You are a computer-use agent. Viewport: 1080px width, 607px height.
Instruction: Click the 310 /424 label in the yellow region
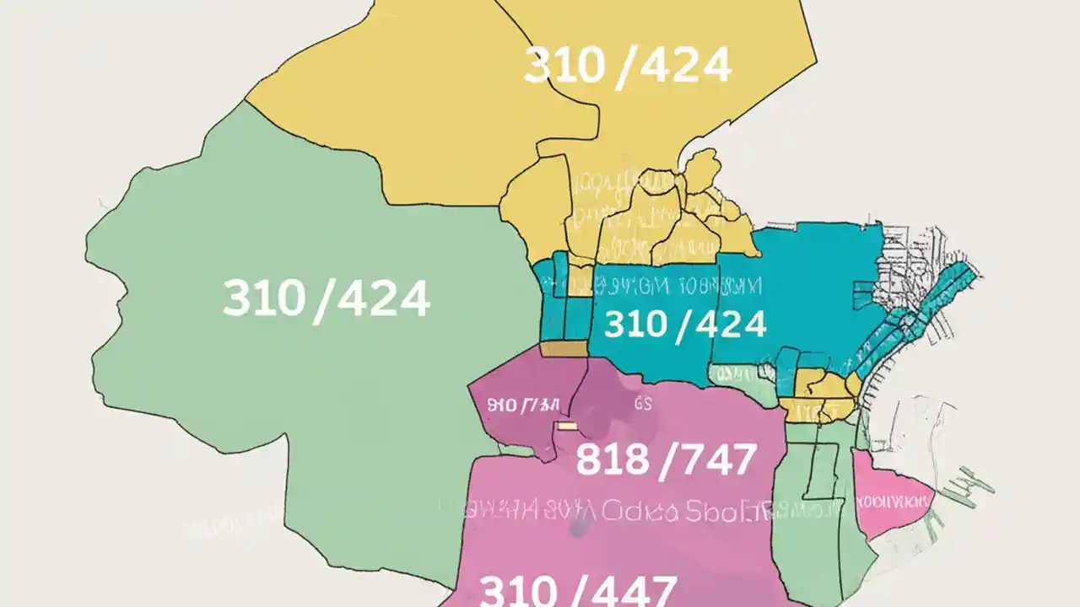pos(627,66)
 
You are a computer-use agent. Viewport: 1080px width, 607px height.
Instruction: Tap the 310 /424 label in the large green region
pos(327,298)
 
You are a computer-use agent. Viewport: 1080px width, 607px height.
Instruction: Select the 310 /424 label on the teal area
pos(685,325)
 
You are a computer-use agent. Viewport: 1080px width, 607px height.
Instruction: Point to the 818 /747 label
pos(666,460)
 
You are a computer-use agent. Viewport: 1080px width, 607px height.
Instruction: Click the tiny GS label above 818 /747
pos(643,404)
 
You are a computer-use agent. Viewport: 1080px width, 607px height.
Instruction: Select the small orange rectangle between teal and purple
pos(563,348)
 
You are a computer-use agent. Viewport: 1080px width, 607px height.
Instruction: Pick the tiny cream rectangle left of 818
pos(566,427)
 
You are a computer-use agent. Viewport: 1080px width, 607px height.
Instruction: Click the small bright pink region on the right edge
pos(890,493)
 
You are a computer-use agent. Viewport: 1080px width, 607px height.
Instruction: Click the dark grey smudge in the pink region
pos(578,528)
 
